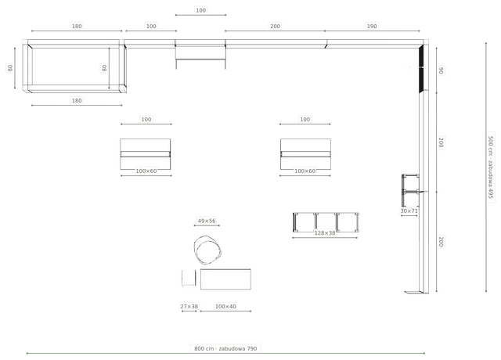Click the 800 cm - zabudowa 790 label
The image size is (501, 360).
point(225,348)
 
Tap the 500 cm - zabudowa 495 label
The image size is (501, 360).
point(491,167)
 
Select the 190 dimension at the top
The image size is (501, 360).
point(372,26)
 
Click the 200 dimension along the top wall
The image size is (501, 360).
point(275,26)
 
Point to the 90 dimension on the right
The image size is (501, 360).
point(441,70)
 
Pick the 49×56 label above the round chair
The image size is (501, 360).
point(207,221)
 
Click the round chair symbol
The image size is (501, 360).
point(207,250)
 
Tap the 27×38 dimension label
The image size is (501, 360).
point(189,306)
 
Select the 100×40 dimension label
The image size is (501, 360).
point(225,306)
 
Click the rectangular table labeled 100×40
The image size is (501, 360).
point(225,279)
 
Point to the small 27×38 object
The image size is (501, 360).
point(189,279)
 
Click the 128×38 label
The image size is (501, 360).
point(325,233)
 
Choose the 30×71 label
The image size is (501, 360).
point(409,211)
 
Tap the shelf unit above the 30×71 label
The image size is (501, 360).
point(410,190)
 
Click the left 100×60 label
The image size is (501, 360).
point(146,171)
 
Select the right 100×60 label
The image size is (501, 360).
point(305,171)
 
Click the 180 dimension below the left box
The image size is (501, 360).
point(77,100)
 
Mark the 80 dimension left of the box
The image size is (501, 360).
point(10,68)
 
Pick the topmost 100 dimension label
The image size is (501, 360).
point(200,10)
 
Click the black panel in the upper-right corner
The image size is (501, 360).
point(421,69)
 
